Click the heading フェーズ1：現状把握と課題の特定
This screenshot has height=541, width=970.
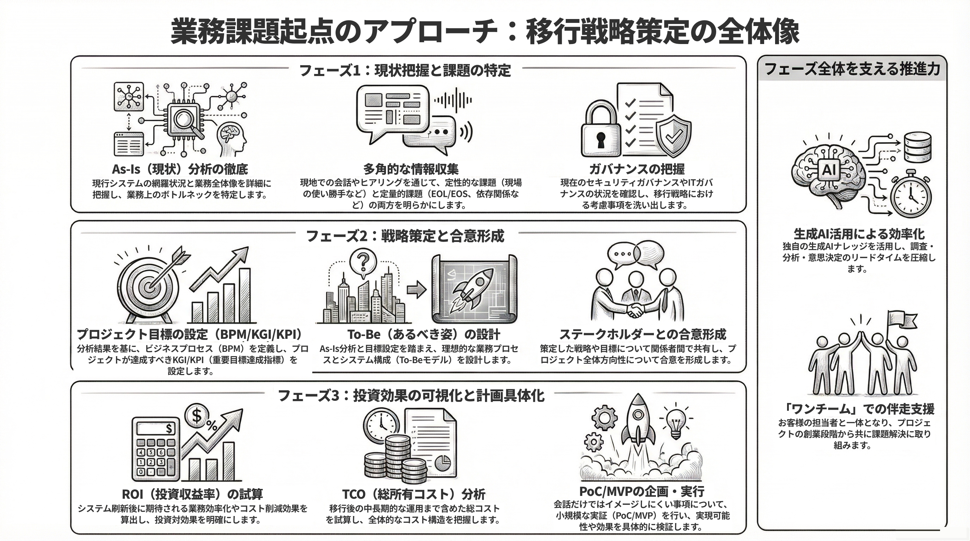405,70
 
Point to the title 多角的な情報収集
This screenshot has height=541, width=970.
410,169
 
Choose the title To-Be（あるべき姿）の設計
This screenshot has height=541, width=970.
424,334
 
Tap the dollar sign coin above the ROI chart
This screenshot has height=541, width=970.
197,416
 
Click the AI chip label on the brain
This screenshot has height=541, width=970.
829,170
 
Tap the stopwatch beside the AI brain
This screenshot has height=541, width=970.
910,195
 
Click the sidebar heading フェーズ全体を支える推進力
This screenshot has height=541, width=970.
852,69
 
